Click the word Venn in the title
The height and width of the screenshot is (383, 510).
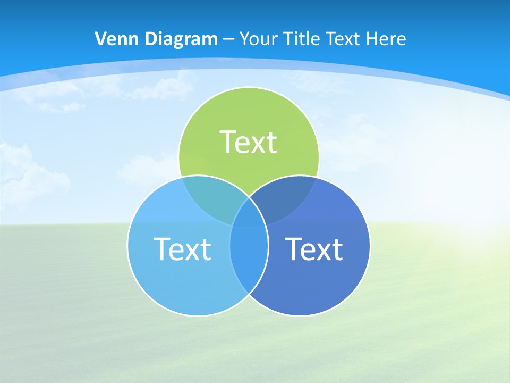pos(113,39)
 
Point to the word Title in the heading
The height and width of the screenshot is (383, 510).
pos(302,39)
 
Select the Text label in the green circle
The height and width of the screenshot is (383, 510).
pos(249,142)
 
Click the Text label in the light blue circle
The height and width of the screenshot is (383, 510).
pos(182,248)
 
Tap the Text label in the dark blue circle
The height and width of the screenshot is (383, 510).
pos(314,248)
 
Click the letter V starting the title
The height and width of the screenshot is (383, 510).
pos(100,39)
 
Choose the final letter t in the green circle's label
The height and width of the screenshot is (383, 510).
pos(271,143)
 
